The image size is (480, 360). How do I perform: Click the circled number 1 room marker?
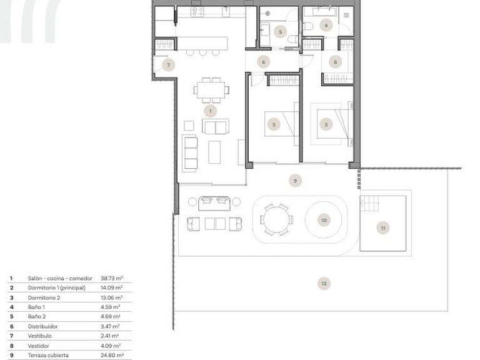point(210,111)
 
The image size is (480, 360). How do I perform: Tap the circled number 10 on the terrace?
point(323,220)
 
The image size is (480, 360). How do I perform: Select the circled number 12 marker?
point(323,284)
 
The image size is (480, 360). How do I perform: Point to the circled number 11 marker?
point(383,228)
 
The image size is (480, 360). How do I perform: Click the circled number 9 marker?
point(296,181)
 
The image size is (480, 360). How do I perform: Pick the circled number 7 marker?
point(167,64)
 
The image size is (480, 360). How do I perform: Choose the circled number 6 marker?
point(263,62)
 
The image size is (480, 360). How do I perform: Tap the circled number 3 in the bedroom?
point(274,124)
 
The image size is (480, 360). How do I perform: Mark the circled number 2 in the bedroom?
point(326,124)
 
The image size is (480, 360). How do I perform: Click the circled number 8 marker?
point(336,62)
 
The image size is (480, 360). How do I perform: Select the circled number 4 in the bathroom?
point(326,26)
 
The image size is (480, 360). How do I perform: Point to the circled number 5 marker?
point(280,31)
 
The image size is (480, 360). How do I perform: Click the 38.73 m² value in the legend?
point(112,278)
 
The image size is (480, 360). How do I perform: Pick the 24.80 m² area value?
point(112,355)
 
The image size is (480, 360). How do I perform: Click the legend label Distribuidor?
point(43,326)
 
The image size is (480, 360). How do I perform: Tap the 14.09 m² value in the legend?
point(112,287)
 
